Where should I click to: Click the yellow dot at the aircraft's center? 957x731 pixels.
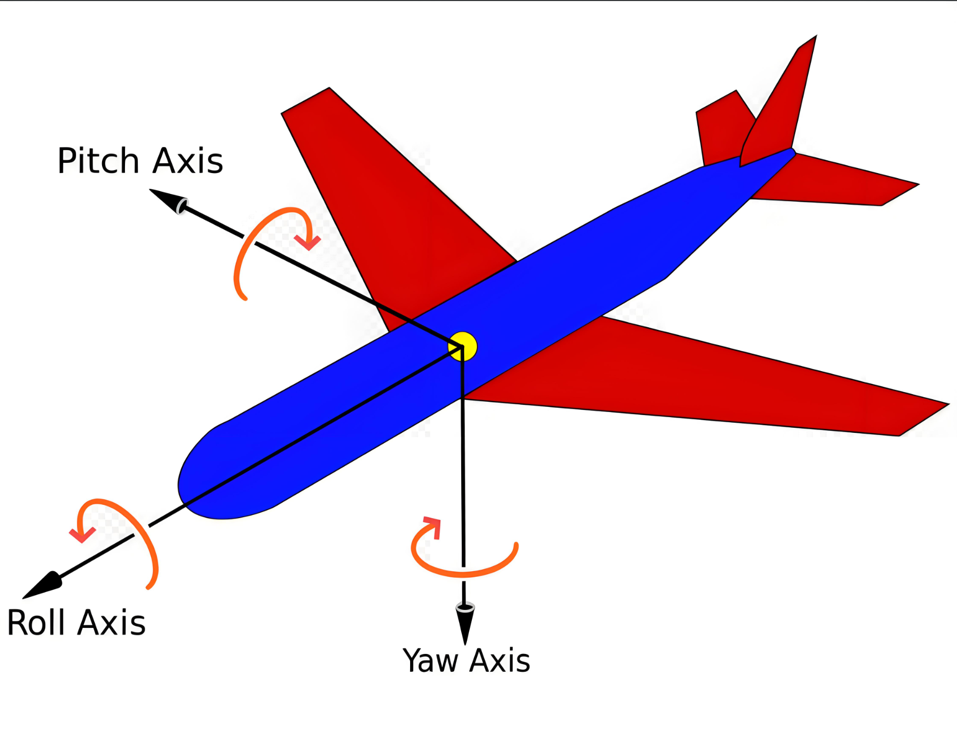[463, 347]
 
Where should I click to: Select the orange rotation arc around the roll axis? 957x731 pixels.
[143, 536]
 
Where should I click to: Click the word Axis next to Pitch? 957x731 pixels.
[188, 161]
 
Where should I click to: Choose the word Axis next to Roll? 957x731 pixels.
[112, 623]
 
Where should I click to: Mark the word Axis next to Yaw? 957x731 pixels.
[499, 662]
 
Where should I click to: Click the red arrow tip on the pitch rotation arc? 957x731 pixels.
[308, 242]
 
